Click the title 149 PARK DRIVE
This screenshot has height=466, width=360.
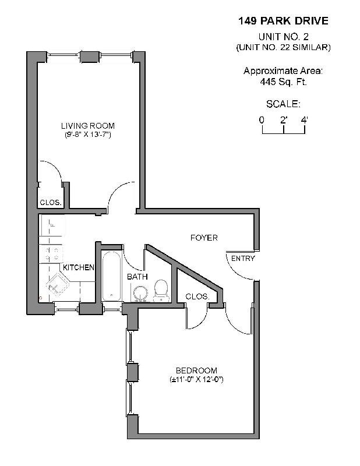(x=283, y=22)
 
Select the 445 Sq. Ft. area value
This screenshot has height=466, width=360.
(x=283, y=82)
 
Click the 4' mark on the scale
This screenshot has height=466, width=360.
(x=304, y=119)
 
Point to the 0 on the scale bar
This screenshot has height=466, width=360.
(x=262, y=119)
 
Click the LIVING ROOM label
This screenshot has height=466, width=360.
(x=88, y=126)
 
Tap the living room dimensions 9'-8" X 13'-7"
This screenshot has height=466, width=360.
(x=88, y=135)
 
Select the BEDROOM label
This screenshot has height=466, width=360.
(x=196, y=370)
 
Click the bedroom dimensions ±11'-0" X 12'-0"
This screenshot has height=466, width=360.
(x=197, y=379)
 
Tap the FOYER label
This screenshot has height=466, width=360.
(x=204, y=238)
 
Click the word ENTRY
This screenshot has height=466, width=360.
(x=243, y=259)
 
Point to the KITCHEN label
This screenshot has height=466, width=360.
(x=79, y=267)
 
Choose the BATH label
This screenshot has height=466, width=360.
(x=137, y=277)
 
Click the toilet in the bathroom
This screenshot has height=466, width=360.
(x=161, y=290)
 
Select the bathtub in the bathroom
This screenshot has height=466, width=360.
(x=111, y=276)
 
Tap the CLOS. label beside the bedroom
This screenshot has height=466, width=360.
(x=197, y=296)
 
